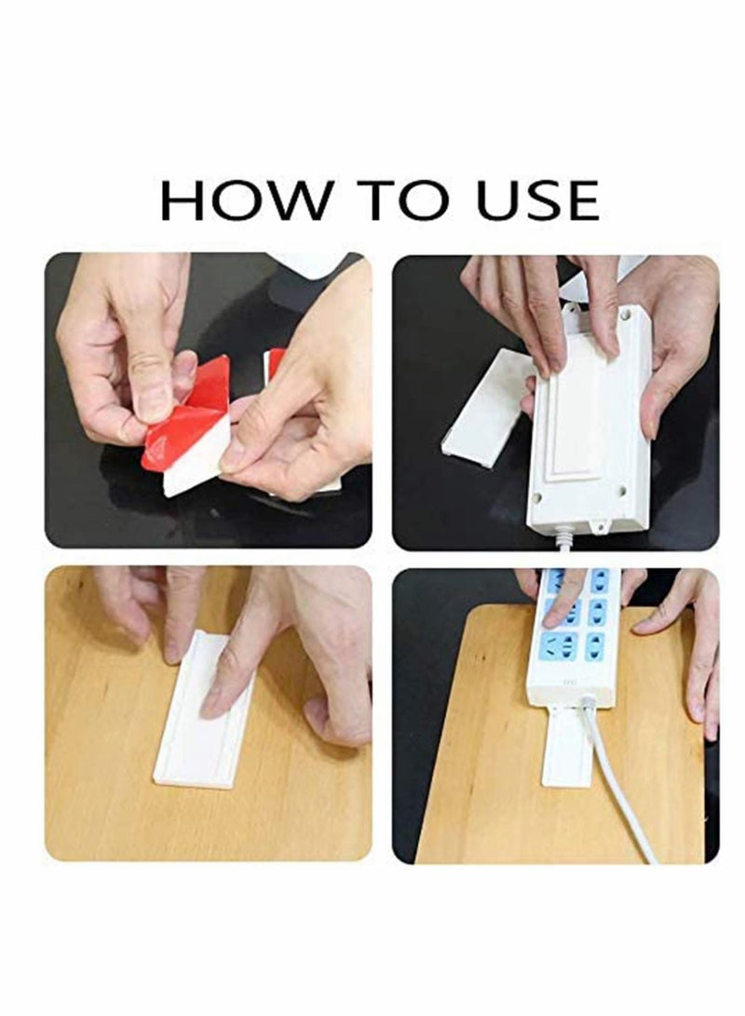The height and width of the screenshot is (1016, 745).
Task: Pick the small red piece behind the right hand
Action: (x=275, y=363)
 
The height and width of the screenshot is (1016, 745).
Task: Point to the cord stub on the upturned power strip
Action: (x=564, y=538)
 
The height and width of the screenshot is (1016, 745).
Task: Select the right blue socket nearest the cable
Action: (x=593, y=645)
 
